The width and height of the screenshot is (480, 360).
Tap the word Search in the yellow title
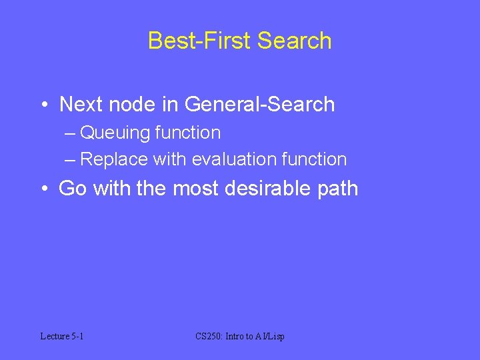(x=294, y=41)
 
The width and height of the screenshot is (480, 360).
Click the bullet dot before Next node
(x=44, y=105)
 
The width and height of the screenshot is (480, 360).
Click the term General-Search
(x=259, y=105)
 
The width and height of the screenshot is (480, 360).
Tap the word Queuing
(x=115, y=133)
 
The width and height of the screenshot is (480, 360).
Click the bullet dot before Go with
(x=44, y=189)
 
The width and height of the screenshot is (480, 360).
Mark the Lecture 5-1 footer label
(x=62, y=337)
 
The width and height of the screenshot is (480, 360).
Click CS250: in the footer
(x=209, y=337)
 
